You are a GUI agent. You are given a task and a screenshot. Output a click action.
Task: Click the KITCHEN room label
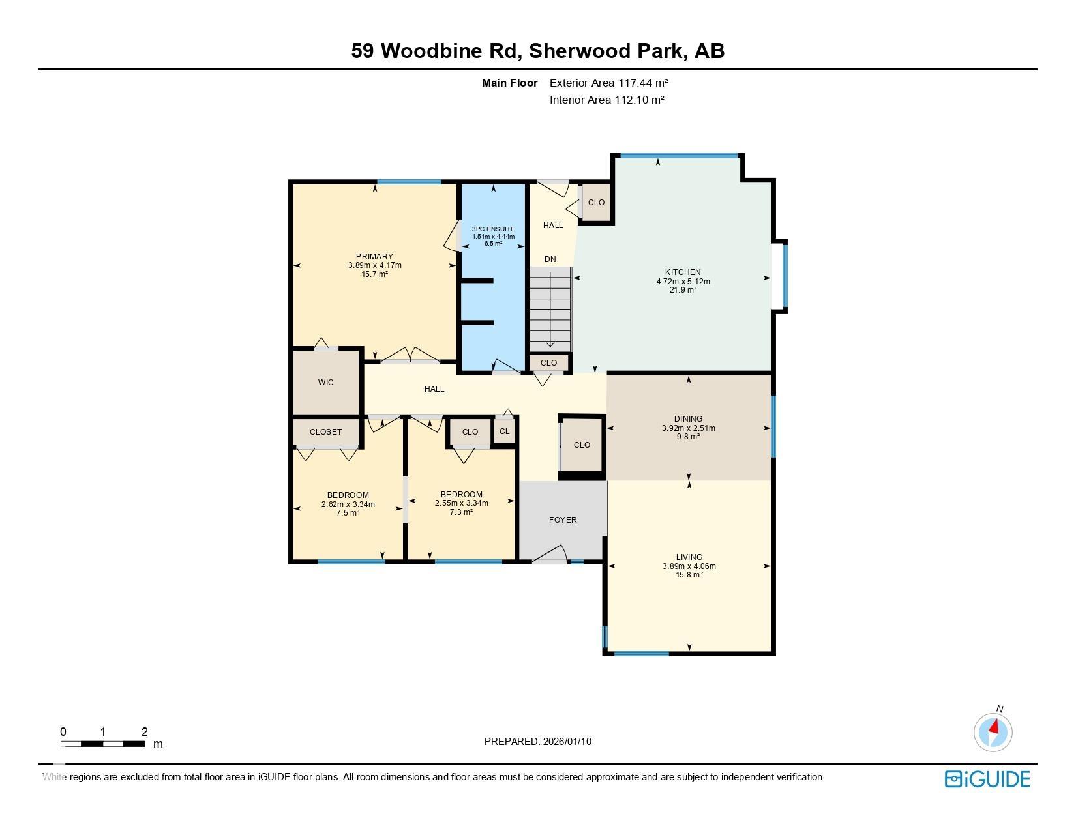coord(683,272)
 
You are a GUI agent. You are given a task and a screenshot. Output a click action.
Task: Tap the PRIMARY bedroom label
coord(374,256)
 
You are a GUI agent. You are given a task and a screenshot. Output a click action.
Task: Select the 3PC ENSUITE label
coord(493,229)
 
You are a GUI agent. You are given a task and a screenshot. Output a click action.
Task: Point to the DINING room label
coord(688,418)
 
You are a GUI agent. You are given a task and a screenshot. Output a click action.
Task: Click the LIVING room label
coord(689,557)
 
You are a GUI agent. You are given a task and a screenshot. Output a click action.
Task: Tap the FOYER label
coord(563,519)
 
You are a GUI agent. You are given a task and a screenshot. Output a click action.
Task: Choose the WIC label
coord(326,382)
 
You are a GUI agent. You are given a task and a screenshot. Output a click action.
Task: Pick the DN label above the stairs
coord(550,259)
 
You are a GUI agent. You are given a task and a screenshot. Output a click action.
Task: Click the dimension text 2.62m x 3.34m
coord(348,504)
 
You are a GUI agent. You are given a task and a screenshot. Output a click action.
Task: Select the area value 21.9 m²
coord(683,290)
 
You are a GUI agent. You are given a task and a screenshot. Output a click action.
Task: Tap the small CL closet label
coord(505,431)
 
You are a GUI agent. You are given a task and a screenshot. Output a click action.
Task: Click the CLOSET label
coord(326,432)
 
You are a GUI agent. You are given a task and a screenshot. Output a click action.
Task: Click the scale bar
coord(103,744)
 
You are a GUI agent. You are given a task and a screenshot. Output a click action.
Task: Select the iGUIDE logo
coord(987,780)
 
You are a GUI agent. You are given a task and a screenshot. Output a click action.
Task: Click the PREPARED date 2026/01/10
coord(567,742)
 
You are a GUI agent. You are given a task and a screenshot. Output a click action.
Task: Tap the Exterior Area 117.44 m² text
coord(609,83)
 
